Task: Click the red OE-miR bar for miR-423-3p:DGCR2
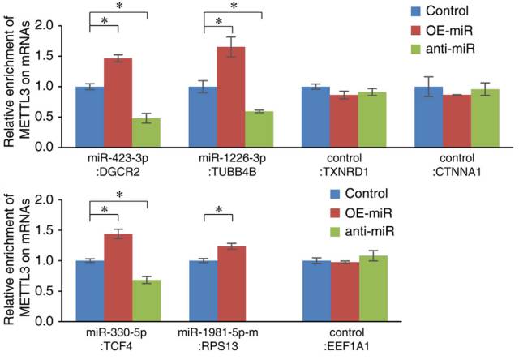[119, 102]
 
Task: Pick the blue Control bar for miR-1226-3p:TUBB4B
[203, 117]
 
